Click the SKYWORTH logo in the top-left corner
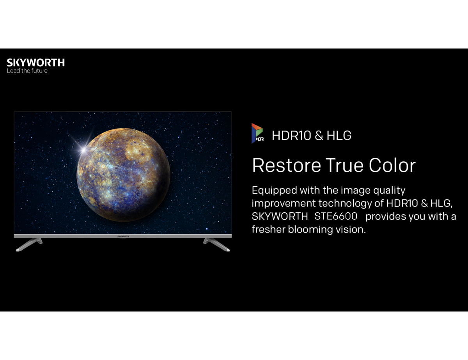tap(36, 63)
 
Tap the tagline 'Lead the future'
tap(27, 71)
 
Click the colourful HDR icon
tap(257, 133)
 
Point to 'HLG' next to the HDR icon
tap(339, 136)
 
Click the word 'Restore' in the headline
tap(286, 165)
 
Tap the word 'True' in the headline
tap(344, 165)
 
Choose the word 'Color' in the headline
tap(392, 165)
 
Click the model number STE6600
tap(336, 216)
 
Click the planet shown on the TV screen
tap(123, 175)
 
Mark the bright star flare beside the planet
tap(83, 150)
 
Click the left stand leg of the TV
tap(29, 244)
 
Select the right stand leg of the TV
tap(216, 244)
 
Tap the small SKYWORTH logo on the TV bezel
tap(123, 236)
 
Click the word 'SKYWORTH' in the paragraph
tap(280, 216)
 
